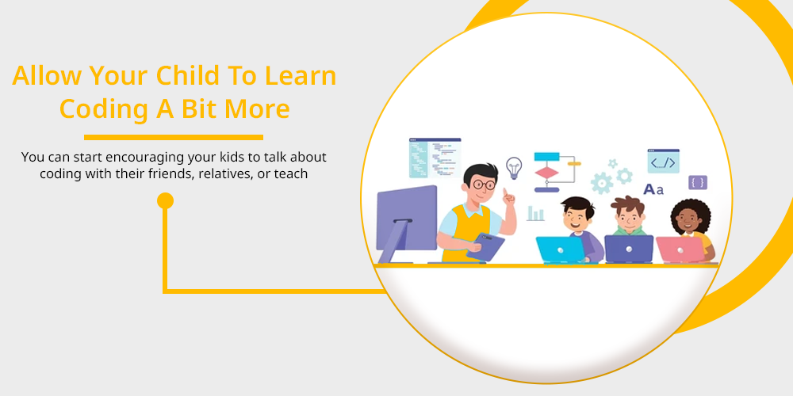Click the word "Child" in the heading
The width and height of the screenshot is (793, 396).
[x=188, y=76]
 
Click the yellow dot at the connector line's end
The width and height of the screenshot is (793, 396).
[x=166, y=200]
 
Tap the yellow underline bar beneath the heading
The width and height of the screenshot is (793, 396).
[x=174, y=137]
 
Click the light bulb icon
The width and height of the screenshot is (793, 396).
[x=514, y=168]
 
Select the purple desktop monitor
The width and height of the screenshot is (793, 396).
[x=407, y=223]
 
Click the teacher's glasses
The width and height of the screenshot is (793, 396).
[x=484, y=185]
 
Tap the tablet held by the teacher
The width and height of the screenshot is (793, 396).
[x=485, y=246]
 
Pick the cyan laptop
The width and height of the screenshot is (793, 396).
[x=561, y=249]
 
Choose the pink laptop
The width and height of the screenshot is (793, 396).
[x=680, y=249]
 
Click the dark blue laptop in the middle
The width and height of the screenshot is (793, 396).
[x=629, y=249]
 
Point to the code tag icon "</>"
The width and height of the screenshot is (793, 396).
[x=663, y=161]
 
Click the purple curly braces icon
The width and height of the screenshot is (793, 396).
[x=698, y=182]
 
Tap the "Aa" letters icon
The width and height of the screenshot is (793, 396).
[x=653, y=189]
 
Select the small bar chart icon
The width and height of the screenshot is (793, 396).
[x=535, y=213]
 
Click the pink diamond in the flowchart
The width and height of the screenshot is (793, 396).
[x=546, y=173]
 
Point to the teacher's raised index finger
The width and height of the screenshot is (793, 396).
[x=504, y=192]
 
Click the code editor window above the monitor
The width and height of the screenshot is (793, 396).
[x=435, y=158]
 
